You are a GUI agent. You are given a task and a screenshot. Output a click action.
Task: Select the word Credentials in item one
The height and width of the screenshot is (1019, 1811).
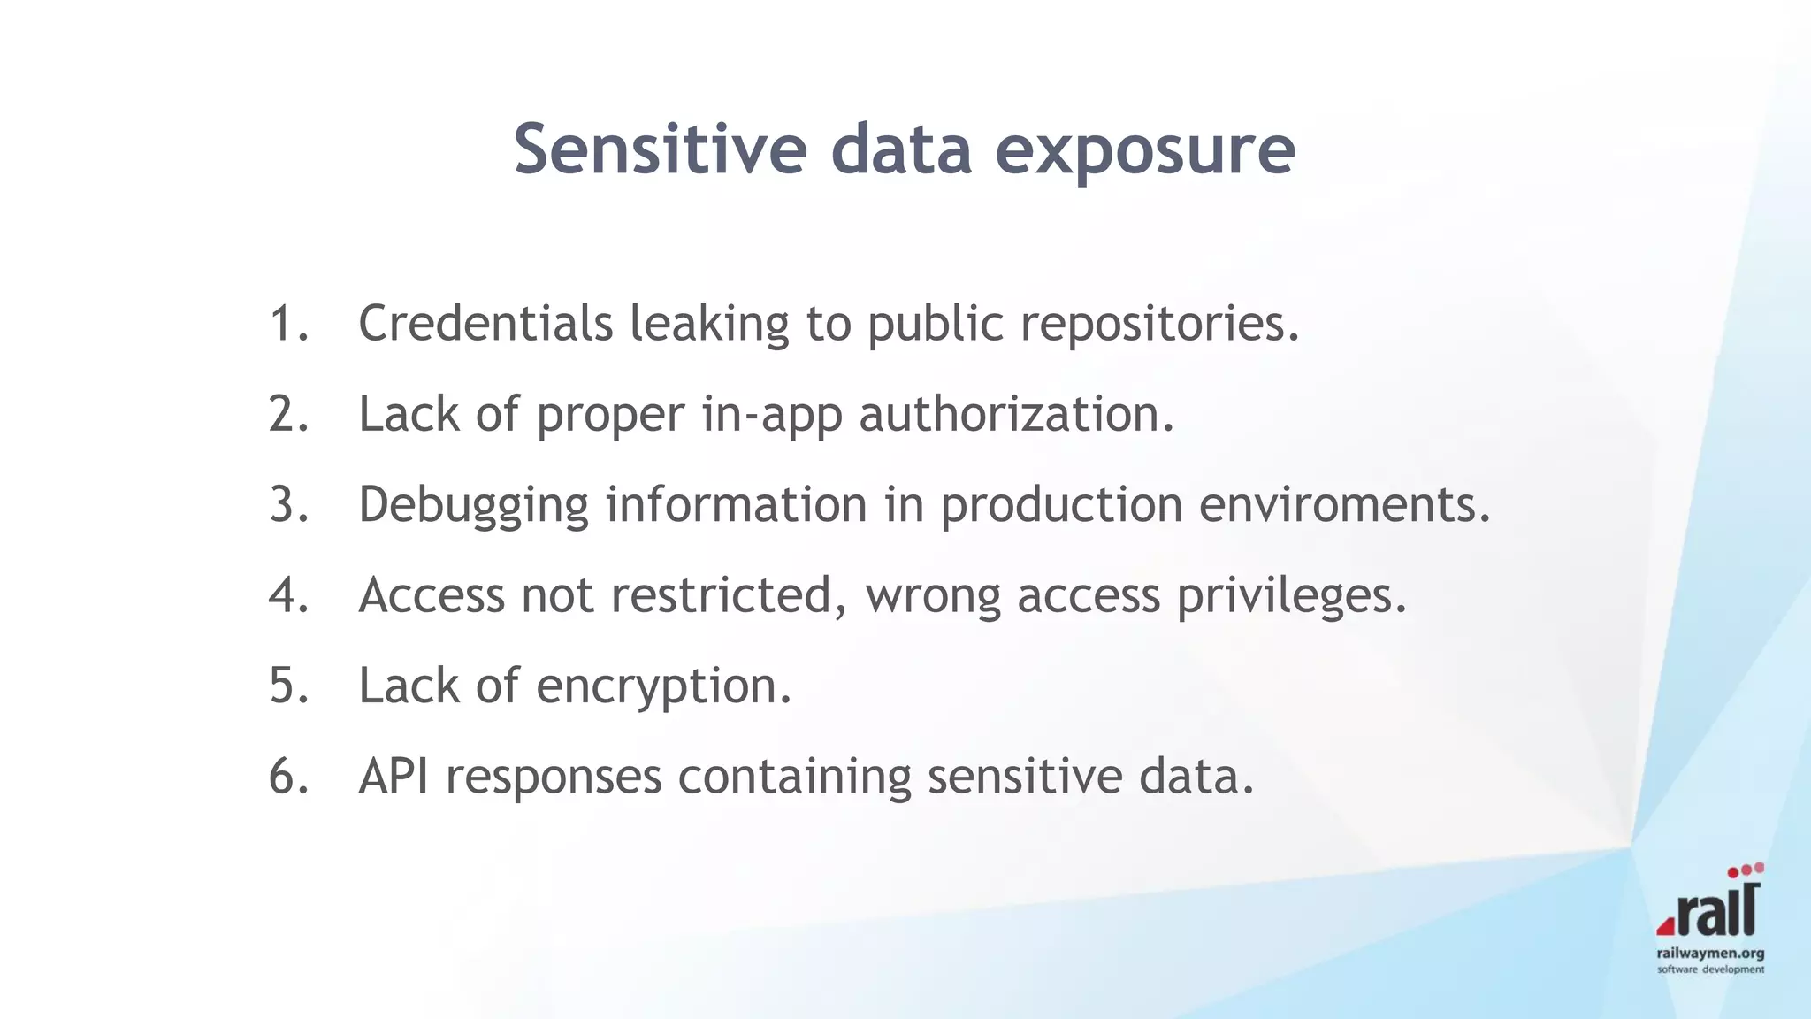(485, 323)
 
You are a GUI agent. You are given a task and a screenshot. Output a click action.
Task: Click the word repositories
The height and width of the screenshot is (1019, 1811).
(1159, 325)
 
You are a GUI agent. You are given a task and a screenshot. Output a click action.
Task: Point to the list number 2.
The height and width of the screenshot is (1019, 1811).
(288, 414)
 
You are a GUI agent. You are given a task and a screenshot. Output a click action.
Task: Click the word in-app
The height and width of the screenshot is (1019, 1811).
(771, 414)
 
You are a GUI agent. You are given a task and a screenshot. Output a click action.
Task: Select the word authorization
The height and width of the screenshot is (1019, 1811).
(1016, 414)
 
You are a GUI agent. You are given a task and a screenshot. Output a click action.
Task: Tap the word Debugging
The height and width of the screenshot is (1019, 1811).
(473, 506)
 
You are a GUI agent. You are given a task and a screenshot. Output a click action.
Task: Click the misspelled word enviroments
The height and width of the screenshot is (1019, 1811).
(1344, 504)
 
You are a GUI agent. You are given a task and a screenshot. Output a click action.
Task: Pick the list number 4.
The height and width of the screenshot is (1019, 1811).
(288, 595)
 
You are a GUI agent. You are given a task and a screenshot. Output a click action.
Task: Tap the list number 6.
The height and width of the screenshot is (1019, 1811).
(288, 777)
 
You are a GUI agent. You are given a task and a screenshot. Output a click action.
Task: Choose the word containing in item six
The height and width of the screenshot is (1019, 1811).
(794, 777)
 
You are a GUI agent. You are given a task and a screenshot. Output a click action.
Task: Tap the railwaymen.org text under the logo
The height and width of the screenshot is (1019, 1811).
(1710, 954)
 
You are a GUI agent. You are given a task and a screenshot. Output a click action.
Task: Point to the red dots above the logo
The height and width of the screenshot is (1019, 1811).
(1746, 870)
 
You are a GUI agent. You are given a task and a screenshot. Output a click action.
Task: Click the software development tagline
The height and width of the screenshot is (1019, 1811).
(1710, 969)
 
